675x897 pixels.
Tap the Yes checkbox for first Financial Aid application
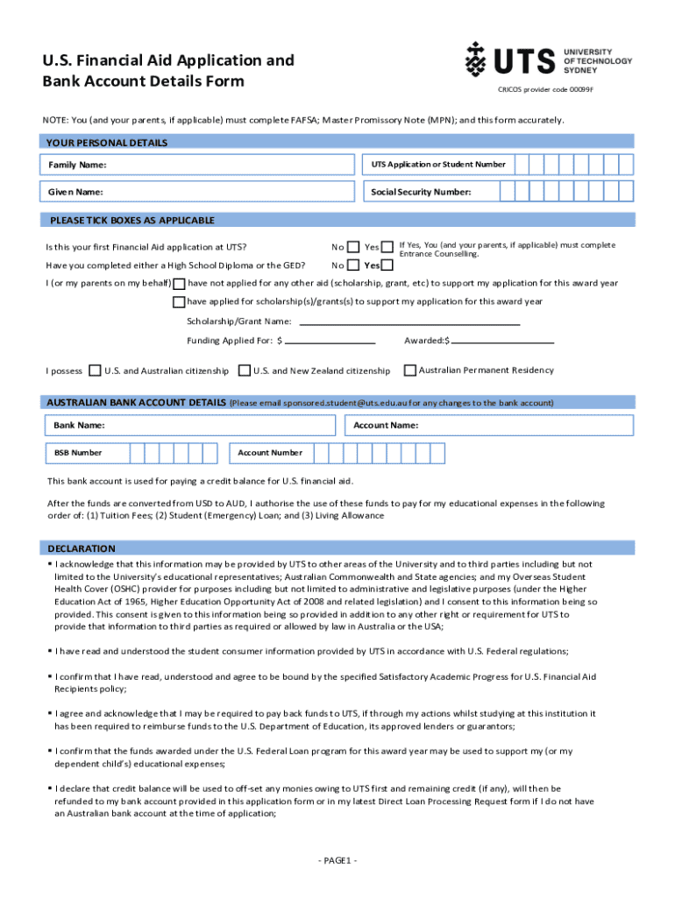click(387, 248)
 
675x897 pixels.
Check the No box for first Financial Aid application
click(353, 248)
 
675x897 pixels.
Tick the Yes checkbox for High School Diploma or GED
click(387, 265)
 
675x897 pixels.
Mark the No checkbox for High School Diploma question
click(353, 265)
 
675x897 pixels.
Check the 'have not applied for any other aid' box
click(179, 284)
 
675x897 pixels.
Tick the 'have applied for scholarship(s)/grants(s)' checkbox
click(179, 302)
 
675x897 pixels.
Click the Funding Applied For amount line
click(330, 341)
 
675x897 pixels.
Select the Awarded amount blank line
click(502, 341)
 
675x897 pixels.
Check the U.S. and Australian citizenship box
click(96, 371)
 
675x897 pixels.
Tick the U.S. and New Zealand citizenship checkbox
click(245, 371)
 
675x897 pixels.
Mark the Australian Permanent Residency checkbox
click(409, 370)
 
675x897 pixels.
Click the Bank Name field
click(189, 426)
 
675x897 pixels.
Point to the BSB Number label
click(78, 453)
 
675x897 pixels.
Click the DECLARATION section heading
click(82, 548)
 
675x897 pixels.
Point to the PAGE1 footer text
click(337, 861)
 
